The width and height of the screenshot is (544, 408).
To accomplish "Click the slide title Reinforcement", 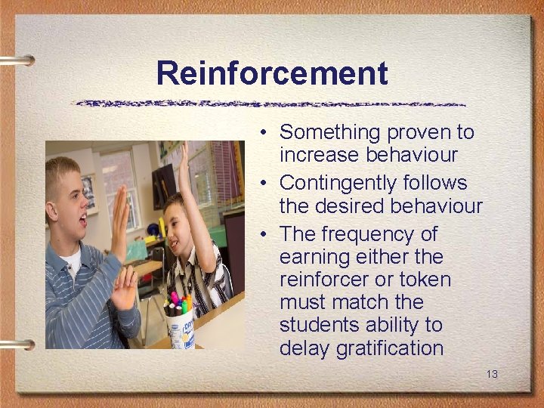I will click(x=272, y=74).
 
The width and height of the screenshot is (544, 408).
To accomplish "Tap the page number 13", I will click(x=492, y=374).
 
